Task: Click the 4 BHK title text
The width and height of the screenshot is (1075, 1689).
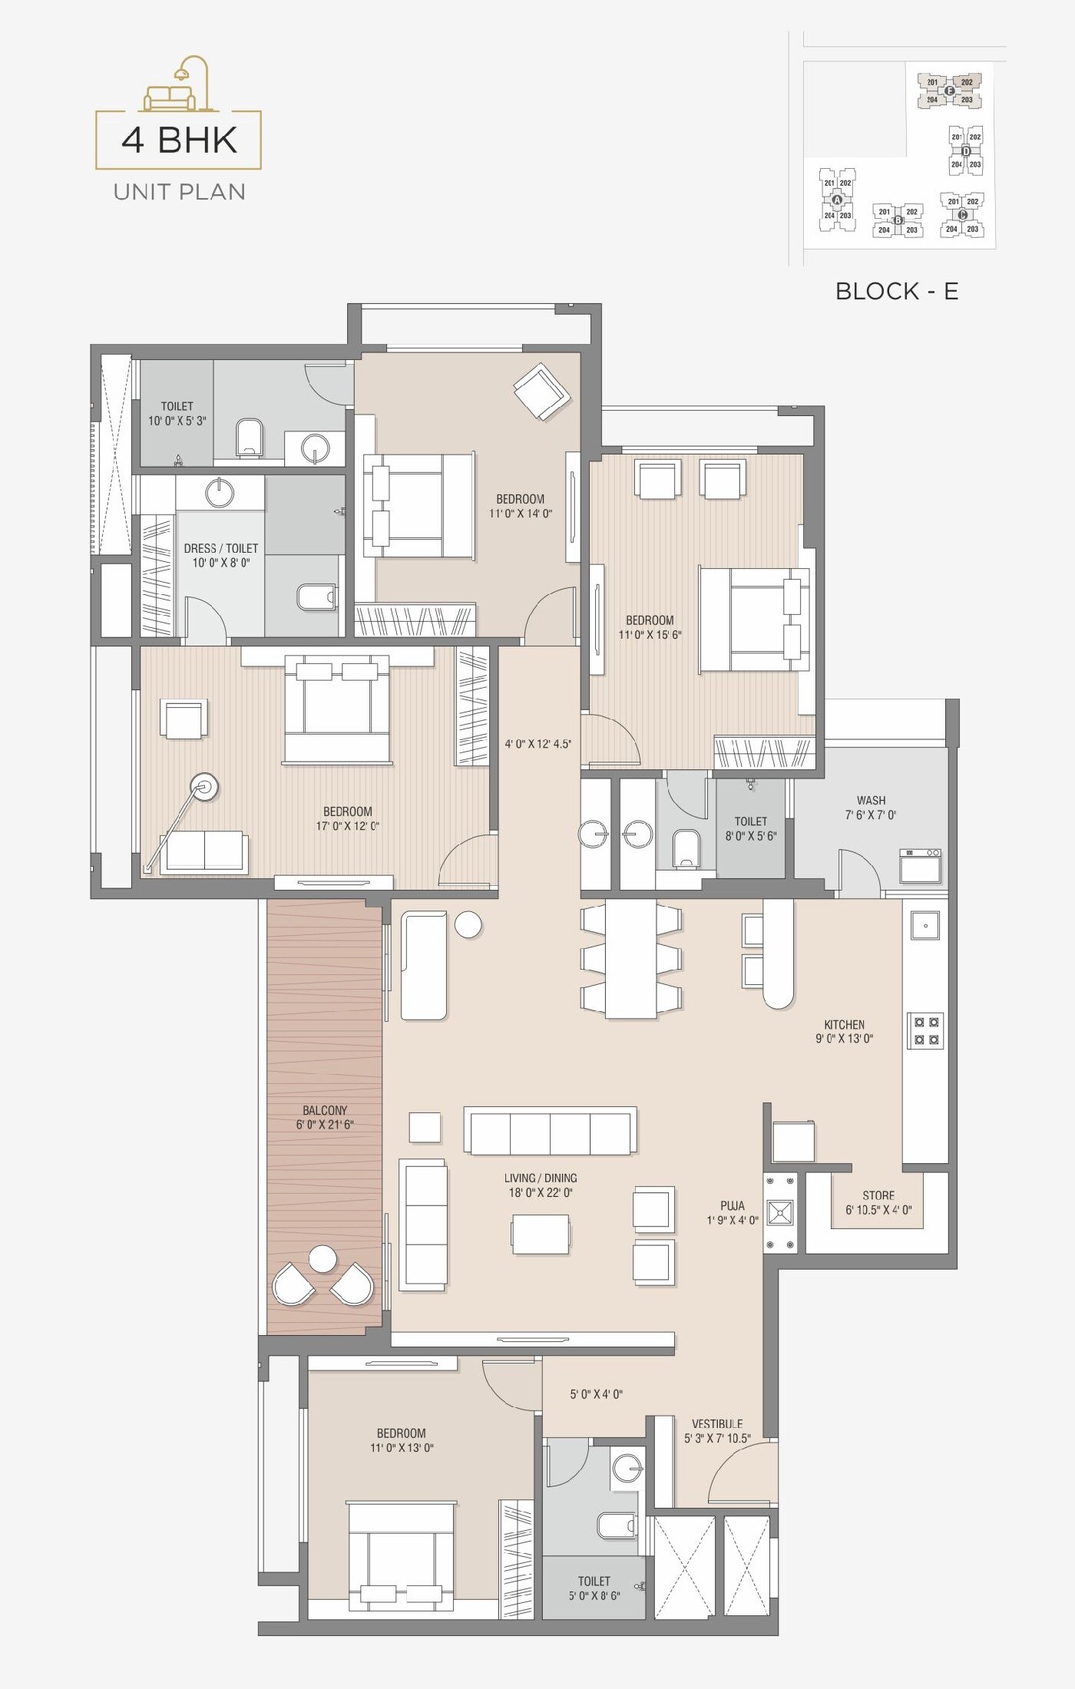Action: click(179, 140)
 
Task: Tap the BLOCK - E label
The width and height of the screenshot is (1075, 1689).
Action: click(896, 291)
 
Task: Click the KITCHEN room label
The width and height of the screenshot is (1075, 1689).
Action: click(844, 1024)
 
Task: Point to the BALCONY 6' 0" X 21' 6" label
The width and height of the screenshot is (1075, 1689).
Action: click(325, 1117)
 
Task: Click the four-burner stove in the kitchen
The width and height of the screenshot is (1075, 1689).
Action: click(925, 1030)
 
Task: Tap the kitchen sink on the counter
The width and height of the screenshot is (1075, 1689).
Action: click(925, 925)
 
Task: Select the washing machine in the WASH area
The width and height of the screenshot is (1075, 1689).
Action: click(921, 866)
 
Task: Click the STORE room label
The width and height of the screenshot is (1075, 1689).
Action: click(878, 1195)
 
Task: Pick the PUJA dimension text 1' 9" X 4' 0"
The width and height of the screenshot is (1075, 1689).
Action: click(733, 1220)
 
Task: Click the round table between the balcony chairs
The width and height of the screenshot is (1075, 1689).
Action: click(322, 1259)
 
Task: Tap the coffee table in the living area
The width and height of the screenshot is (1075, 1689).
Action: click(541, 1234)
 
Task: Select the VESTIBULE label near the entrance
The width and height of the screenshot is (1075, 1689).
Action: click(717, 1423)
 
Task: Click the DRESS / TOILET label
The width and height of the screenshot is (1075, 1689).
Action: click(220, 548)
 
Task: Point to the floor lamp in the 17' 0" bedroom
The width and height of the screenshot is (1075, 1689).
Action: click(204, 787)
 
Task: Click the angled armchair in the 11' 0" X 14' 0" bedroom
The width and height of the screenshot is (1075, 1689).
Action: click(542, 391)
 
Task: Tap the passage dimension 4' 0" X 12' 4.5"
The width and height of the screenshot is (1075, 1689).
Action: click(537, 744)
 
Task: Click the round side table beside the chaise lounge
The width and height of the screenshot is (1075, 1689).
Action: click(468, 924)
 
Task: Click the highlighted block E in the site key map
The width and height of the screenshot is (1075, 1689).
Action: click(949, 91)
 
